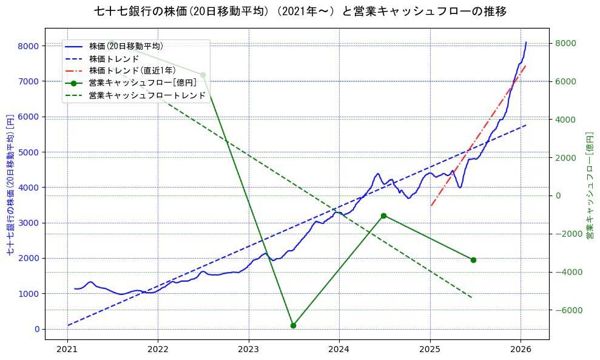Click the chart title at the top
coord(300,12)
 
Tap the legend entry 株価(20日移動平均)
coord(126,46)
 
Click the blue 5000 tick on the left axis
coord(28,152)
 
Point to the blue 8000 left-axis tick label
coord(28,46)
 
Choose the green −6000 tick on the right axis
coord(569,310)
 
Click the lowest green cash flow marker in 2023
coord(293,325)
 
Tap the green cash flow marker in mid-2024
coord(383,216)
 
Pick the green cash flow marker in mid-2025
coord(473,260)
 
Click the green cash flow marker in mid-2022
coord(203,75)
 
